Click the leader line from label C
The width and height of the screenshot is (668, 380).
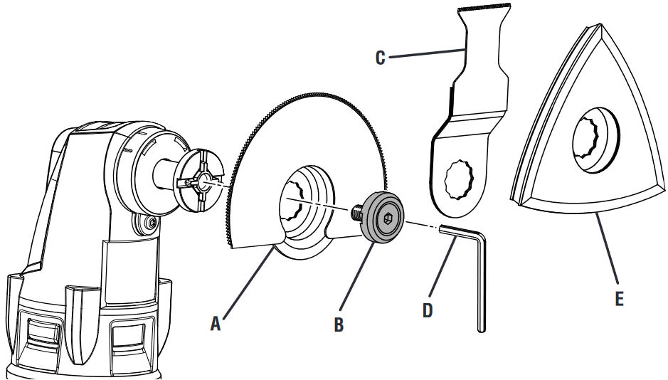pos(427,52)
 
